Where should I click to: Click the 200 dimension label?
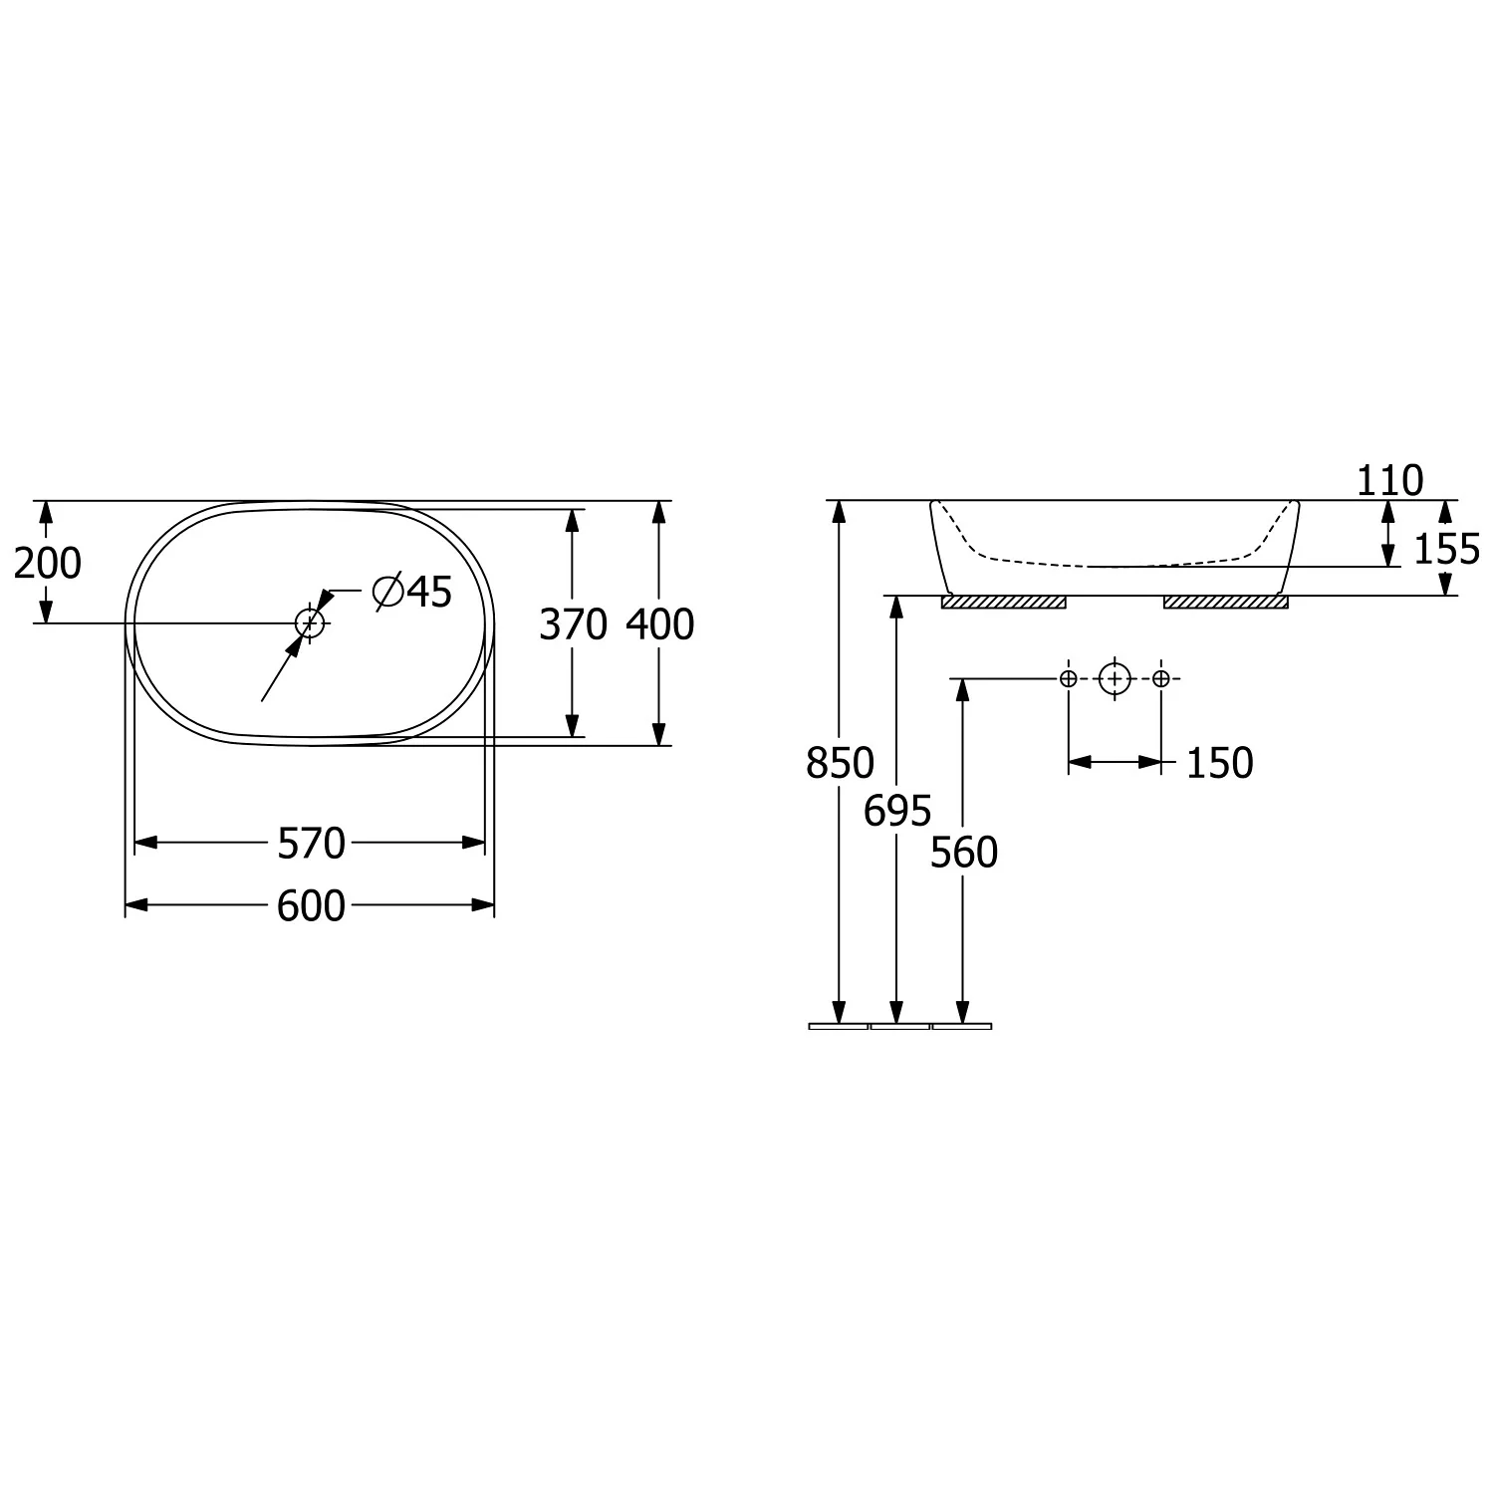click(x=47, y=564)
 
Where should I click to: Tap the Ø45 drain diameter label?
click(x=412, y=592)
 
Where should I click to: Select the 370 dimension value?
click(x=573, y=624)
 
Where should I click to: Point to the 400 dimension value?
click(x=660, y=624)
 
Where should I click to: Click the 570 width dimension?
click(x=311, y=844)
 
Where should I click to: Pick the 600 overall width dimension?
click(x=311, y=906)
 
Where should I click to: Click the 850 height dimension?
click(x=840, y=764)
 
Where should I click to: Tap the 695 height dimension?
click(x=897, y=811)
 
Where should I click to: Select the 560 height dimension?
click(x=963, y=853)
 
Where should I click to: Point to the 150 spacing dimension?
click(x=1220, y=764)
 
